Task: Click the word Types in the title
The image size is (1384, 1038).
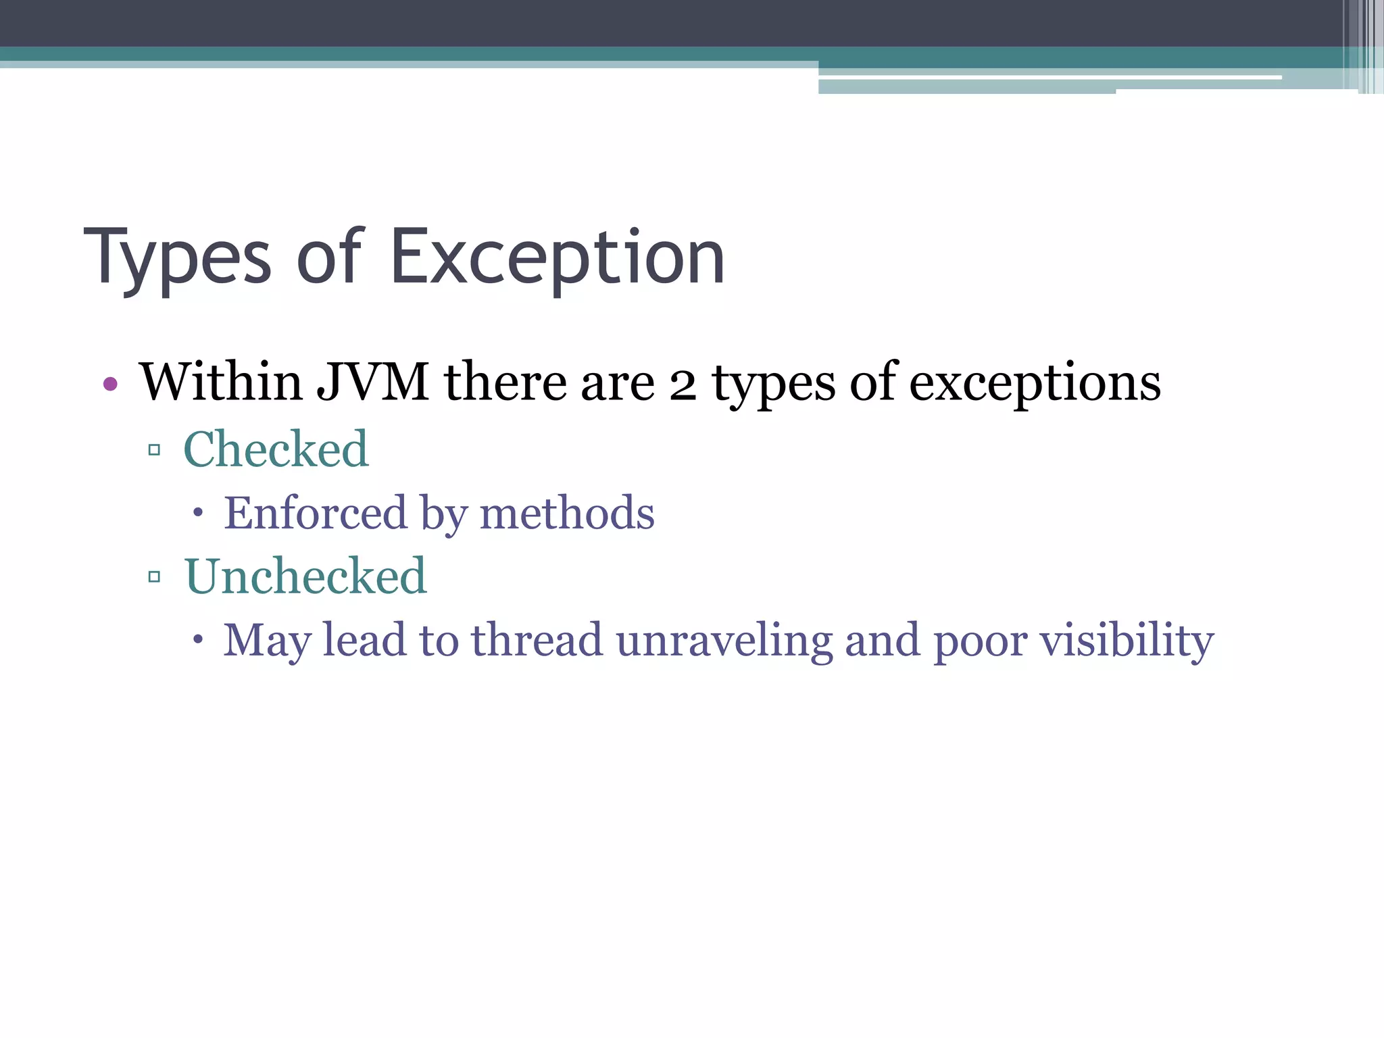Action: (177, 258)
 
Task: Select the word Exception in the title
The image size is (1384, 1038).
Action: (558, 258)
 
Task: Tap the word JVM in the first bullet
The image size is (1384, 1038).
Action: (372, 382)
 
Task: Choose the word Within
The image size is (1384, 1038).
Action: (221, 382)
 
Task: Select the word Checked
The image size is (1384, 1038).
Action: (276, 449)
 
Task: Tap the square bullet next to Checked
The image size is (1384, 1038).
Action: (154, 449)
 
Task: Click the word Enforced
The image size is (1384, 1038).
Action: (316, 512)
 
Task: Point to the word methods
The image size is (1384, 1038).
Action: (567, 512)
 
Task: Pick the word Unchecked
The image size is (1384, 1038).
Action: (305, 576)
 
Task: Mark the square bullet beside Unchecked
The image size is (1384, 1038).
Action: (154, 576)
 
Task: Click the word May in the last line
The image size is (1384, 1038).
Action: (267, 640)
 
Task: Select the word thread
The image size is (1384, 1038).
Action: (536, 639)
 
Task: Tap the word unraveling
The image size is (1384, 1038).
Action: (724, 640)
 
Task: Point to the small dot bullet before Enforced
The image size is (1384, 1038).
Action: (197, 513)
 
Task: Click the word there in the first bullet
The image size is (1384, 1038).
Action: (505, 382)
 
